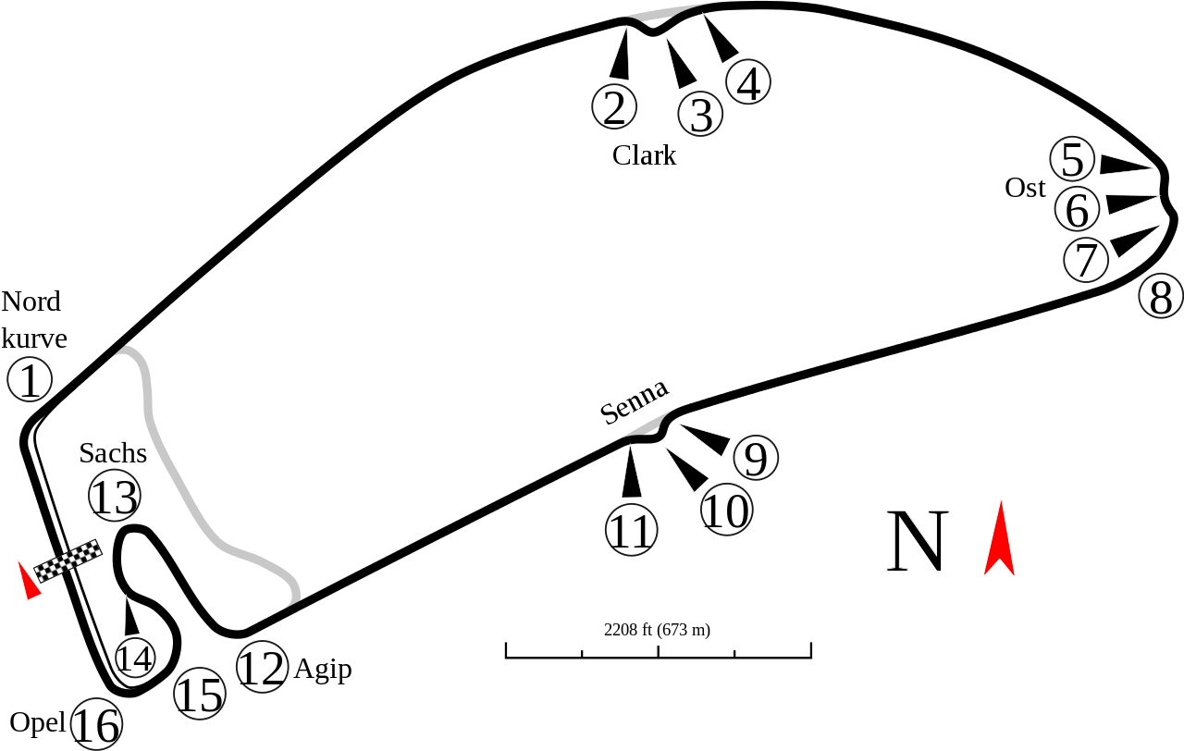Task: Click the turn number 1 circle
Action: point(30,380)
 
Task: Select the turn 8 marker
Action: point(1160,297)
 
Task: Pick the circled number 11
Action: point(631,532)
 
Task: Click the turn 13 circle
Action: point(114,497)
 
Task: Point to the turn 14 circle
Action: point(134,658)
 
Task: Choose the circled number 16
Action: point(96,725)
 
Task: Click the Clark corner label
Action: point(645,154)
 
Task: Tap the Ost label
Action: point(1025,188)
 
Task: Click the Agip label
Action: point(322,669)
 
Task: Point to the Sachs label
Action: point(113,452)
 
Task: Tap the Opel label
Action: point(37,721)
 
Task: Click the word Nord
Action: point(31,302)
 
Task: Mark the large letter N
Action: point(918,542)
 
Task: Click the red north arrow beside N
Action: point(999,539)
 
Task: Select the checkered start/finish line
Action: point(68,560)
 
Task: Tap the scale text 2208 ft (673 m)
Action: point(657,630)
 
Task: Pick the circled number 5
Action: point(1072,160)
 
